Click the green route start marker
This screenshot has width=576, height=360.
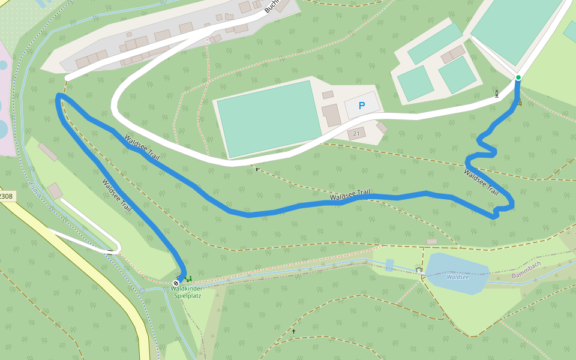pos(518,77)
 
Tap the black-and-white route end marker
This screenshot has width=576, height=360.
pos(176,283)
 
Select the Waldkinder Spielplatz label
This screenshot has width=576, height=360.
pos(186,292)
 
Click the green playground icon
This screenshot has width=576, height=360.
pos(188,278)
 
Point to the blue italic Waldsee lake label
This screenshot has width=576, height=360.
pos(457,277)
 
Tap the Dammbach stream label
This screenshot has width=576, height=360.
pos(526,269)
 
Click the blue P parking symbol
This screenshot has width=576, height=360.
pos(361,106)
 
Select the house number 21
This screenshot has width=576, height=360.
pos(356,133)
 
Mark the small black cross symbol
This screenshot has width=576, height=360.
pos(294,331)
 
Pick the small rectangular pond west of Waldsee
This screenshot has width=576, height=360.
pos(390,265)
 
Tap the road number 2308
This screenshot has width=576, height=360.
pos(6,196)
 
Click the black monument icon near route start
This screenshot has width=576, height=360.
pos(497,94)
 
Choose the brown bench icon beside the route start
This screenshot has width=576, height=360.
pos(520,104)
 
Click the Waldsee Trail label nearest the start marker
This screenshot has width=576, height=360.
pos(481,182)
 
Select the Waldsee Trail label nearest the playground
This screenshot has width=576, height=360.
pos(116,196)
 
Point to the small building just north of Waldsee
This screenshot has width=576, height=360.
pos(432,241)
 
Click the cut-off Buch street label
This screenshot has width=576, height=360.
pos(271,6)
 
